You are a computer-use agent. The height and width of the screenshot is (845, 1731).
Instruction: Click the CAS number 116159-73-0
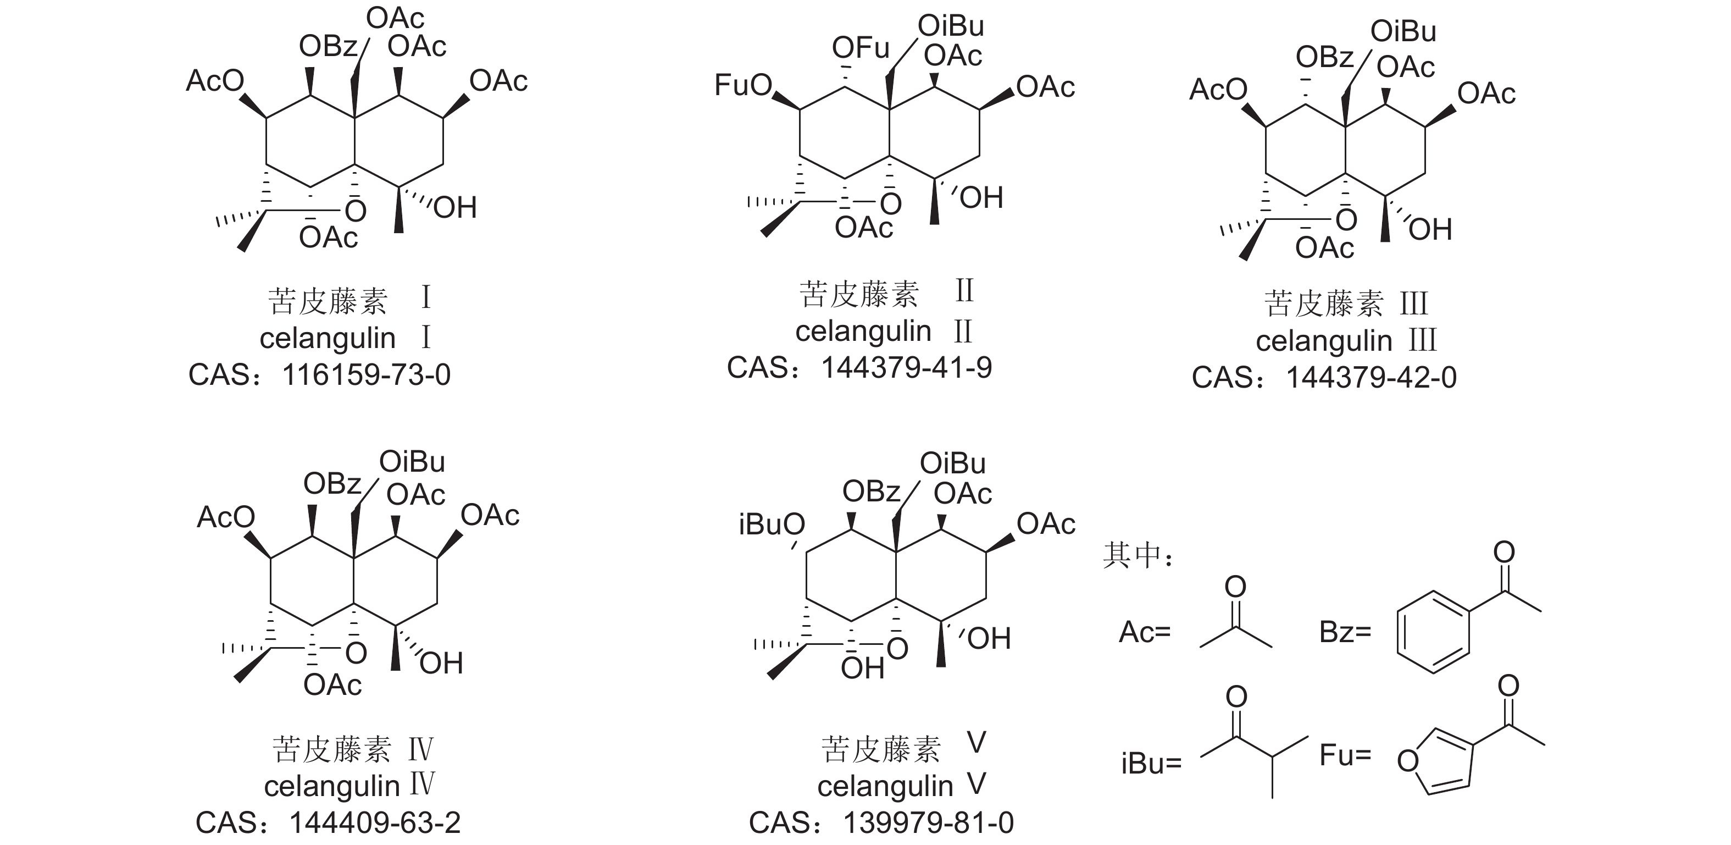click(366, 375)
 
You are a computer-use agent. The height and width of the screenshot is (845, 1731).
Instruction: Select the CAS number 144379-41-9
click(907, 368)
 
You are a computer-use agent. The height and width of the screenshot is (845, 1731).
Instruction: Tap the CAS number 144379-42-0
click(1371, 378)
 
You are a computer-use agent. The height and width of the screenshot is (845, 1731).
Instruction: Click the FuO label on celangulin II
click(743, 85)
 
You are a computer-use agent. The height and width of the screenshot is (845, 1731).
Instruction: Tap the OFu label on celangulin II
click(860, 48)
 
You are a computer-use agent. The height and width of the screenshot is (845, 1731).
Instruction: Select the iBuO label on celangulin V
click(772, 524)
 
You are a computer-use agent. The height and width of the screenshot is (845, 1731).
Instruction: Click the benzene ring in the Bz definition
click(1433, 632)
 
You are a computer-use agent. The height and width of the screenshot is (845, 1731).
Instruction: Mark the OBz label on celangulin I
click(328, 46)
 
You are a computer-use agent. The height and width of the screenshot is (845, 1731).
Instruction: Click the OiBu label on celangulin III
click(1403, 31)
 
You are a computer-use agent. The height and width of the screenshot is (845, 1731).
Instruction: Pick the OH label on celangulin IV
click(441, 664)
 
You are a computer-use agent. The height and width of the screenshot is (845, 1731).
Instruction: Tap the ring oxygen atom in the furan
click(1407, 761)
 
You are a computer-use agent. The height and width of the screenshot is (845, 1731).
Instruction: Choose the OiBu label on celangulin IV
click(412, 462)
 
